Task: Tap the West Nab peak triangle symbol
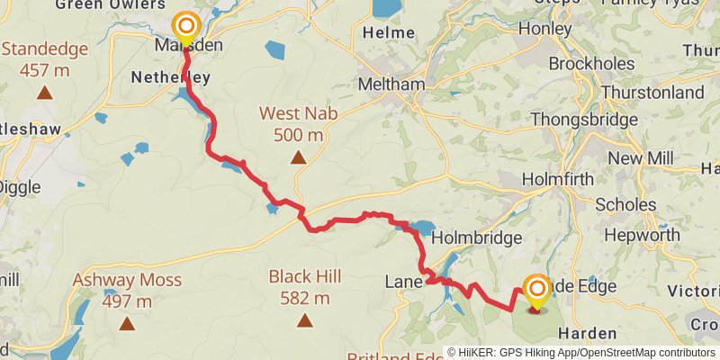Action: (297, 157)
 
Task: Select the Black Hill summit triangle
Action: (305, 320)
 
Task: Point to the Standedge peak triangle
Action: (44, 91)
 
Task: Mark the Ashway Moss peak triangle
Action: (127, 323)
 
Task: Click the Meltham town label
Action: (391, 84)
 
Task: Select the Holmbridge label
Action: (476, 238)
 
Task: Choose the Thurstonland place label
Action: (652, 93)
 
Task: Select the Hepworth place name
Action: (642, 235)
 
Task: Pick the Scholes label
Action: (625, 204)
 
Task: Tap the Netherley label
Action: (171, 77)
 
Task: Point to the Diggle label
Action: (16, 187)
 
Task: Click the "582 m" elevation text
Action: (304, 298)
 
